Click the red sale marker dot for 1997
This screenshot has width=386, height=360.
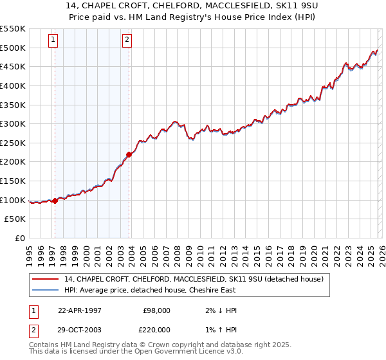pyautogui.click(x=55, y=201)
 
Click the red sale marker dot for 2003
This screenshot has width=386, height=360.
pyautogui.click(x=129, y=154)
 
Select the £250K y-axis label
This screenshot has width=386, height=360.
pyautogui.click(x=13, y=143)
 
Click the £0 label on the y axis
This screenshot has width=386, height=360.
pyautogui.click(x=19, y=238)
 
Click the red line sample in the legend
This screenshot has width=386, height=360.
pyautogui.click(x=46, y=279)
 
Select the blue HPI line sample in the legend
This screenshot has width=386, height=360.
pyautogui.click(x=46, y=290)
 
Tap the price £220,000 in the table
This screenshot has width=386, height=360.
pyautogui.click(x=156, y=330)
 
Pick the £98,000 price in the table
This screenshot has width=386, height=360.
pyautogui.click(x=156, y=310)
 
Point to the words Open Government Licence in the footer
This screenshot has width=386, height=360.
pyautogui.click(x=197, y=353)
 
